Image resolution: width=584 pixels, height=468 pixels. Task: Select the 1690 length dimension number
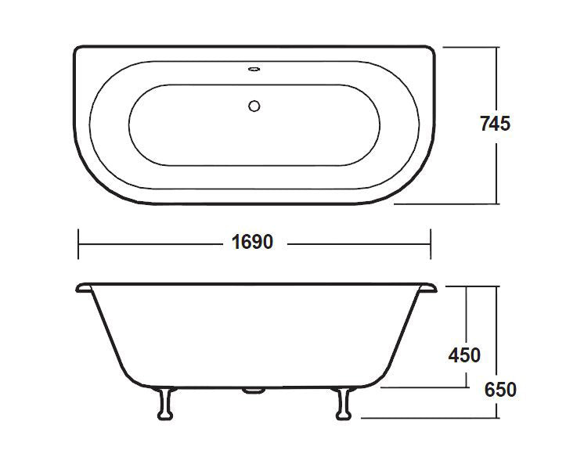[x=252, y=243]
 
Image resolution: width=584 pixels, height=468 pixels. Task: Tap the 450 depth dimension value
[x=464, y=355]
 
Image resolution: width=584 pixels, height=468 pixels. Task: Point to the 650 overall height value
[x=499, y=389]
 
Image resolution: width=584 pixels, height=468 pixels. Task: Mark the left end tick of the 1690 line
[x=78, y=243]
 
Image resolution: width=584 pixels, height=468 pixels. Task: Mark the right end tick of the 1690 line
[x=430, y=243]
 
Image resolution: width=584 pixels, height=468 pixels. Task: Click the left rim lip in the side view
[x=85, y=288]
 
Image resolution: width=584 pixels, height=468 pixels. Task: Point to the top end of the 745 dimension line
[x=497, y=47]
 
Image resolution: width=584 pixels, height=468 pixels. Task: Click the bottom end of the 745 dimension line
[x=497, y=204]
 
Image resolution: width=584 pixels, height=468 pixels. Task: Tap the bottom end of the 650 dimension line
[x=497, y=417]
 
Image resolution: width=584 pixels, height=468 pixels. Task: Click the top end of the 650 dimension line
[x=497, y=286]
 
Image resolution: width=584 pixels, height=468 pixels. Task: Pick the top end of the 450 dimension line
[x=467, y=286]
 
